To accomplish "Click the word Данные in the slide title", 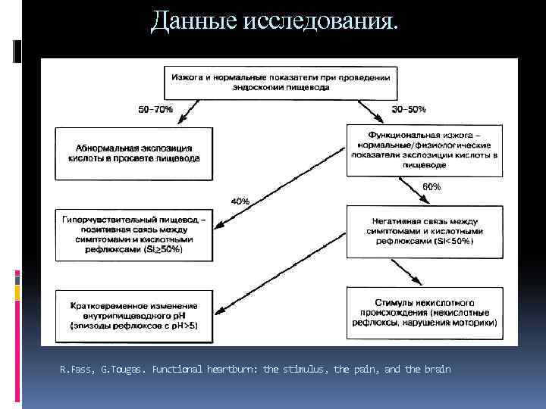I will point(193,21).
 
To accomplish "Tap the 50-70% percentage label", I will point(155,109).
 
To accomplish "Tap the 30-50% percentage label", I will point(408,109).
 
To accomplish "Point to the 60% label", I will point(431,186).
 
